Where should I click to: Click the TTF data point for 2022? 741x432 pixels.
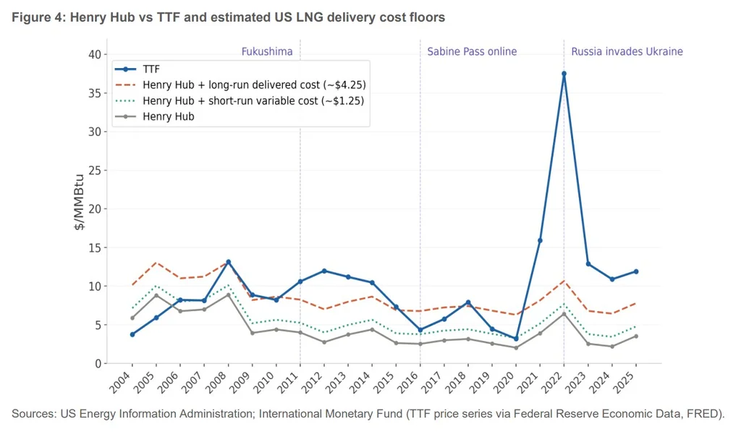[x=564, y=74]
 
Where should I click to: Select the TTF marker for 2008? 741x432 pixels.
[x=228, y=262]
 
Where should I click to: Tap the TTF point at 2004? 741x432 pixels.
[x=132, y=334]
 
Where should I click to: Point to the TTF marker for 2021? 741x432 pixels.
[x=540, y=240]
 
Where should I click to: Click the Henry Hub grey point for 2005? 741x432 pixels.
[x=156, y=295]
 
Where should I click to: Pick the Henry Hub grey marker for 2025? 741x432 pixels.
[x=636, y=336]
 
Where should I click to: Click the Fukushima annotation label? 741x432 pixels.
[x=267, y=51]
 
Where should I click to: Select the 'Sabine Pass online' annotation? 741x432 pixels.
[x=472, y=51]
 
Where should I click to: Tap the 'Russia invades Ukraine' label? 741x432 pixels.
[x=627, y=51]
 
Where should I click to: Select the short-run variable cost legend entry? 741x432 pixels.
[x=253, y=101]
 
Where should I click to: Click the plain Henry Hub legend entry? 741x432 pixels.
[x=169, y=116]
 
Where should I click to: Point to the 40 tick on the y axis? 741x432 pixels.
[x=93, y=54]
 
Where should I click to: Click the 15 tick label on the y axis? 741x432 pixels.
[x=93, y=247]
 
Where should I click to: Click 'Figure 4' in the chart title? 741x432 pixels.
[x=38, y=17]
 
